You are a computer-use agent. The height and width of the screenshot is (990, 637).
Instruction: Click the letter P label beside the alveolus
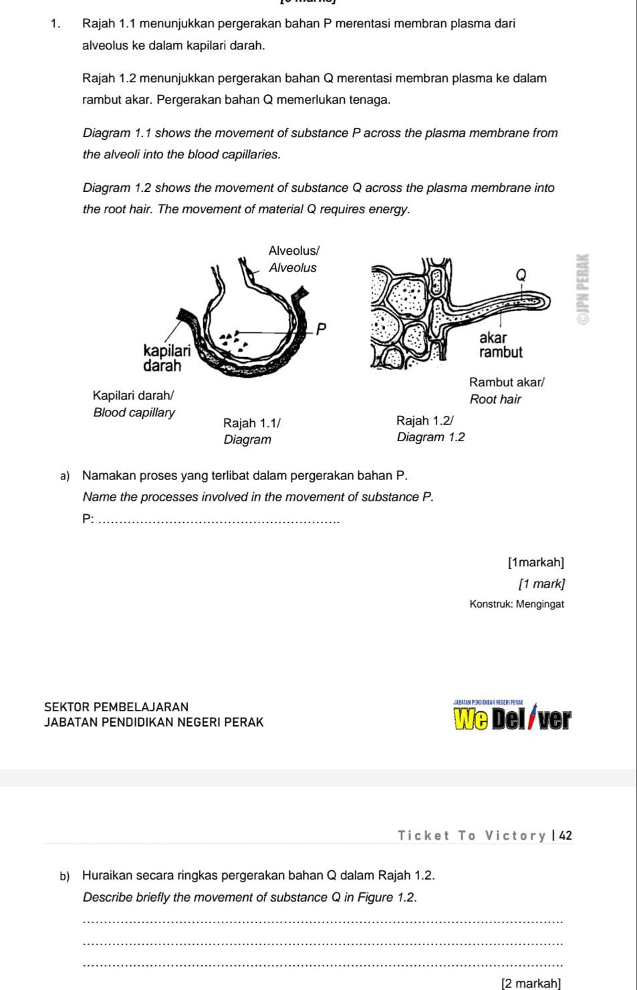pyautogui.click(x=321, y=329)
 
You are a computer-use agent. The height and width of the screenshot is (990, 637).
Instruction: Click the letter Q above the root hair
pyautogui.click(x=521, y=275)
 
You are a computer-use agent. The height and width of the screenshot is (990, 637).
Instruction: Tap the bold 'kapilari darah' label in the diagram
pyautogui.click(x=166, y=358)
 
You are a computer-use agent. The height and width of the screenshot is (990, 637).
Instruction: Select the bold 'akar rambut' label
pyautogui.click(x=500, y=345)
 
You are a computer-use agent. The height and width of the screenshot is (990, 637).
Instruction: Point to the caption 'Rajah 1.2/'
pyautogui.click(x=425, y=420)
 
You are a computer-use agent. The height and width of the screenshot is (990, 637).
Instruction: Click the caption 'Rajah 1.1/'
pyautogui.click(x=252, y=423)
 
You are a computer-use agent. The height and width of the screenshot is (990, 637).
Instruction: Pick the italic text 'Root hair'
pyautogui.click(x=495, y=400)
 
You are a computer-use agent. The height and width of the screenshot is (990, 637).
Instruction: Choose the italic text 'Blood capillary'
pyautogui.click(x=134, y=412)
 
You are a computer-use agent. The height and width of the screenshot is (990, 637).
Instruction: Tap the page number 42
pyautogui.click(x=565, y=836)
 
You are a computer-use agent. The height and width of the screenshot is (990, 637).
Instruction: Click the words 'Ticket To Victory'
pyautogui.click(x=472, y=836)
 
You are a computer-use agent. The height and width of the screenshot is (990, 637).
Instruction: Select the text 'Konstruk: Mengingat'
pyautogui.click(x=517, y=604)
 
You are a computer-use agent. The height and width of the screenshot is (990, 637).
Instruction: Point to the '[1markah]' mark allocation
pyautogui.click(x=536, y=563)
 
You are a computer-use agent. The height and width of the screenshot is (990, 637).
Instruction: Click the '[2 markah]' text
pyautogui.click(x=531, y=983)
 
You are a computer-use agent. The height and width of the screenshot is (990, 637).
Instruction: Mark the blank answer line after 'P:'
pyautogui.click(x=219, y=521)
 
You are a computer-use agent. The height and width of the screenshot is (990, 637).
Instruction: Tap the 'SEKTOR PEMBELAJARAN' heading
pyautogui.click(x=116, y=707)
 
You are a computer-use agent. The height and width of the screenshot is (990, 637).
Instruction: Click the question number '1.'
pyautogui.click(x=55, y=24)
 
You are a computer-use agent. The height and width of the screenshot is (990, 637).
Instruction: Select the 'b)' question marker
pyautogui.click(x=64, y=876)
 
